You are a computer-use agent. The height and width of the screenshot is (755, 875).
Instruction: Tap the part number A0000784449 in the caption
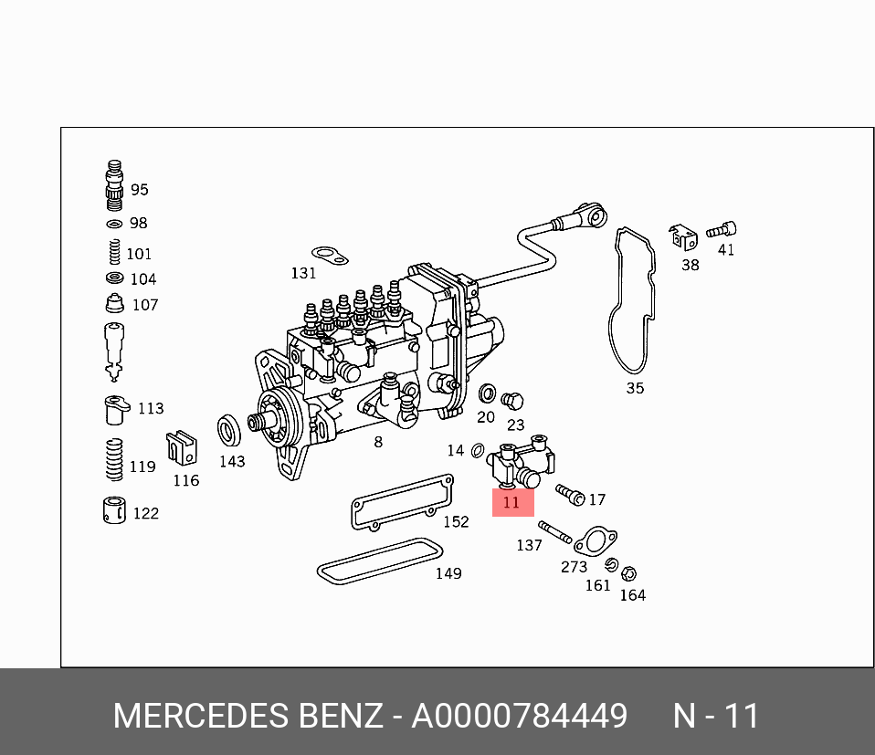click(x=519, y=717)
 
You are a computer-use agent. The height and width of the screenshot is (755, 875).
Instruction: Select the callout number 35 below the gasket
click(x=635, y=388)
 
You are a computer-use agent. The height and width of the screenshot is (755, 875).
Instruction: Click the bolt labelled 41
click(x=725, y=230)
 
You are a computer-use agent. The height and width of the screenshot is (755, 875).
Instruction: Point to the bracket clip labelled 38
click(x=682, y=236)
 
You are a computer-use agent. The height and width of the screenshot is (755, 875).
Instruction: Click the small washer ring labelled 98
click(x=114, y=224)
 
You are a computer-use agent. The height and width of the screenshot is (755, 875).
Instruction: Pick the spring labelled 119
click(x=112, y=459)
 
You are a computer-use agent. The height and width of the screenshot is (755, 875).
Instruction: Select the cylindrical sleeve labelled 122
click(x=114, y=511)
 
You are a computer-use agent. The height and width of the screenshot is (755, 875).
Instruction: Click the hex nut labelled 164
click(x=628, y=574)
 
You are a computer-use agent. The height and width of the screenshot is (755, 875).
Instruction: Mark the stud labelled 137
click(x=554, y=530)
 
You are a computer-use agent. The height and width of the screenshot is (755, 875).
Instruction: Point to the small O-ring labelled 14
click(x=479, y=450)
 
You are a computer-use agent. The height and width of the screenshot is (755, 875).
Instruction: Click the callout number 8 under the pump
click(x=377, y=443)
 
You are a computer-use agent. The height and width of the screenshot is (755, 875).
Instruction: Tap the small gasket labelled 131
click(x=329, y=255)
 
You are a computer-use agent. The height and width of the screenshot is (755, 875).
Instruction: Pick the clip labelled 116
click(x=182, y=447)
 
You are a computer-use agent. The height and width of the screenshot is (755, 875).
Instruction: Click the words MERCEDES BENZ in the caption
click(x=248, y=717)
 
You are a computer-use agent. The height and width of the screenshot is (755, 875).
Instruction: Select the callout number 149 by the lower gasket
click(x=448, y=573)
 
